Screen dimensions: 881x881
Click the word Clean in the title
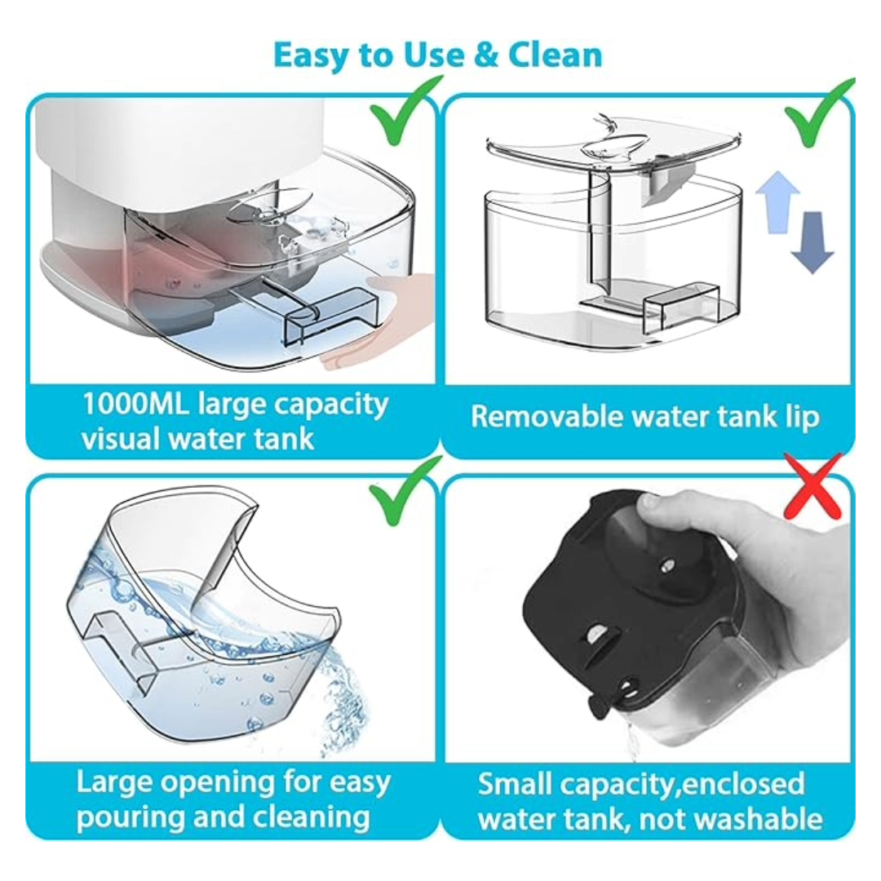tap(556, 55)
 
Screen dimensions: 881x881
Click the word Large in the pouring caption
tap(113, 782)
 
